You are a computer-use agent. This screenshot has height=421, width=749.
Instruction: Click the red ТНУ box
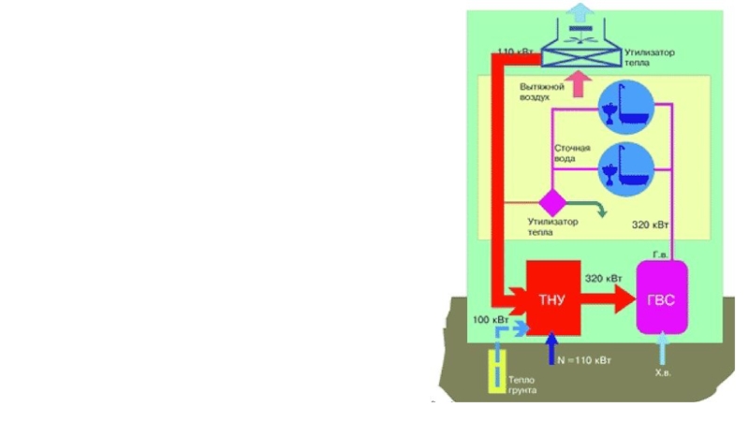[552, 298]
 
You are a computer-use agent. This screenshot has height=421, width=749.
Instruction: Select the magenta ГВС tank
[662, 297]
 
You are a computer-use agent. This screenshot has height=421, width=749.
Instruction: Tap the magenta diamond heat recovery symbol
[551, 202]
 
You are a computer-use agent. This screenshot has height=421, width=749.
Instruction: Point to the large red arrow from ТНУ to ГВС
[609, 299]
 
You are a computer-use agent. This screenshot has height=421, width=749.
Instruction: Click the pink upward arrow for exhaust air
[581, 84]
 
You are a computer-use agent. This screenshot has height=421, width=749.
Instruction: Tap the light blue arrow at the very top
[581, 11]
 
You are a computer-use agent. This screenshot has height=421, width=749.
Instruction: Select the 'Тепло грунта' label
[522, 384]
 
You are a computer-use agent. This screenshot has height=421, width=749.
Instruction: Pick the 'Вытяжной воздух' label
[542, 92]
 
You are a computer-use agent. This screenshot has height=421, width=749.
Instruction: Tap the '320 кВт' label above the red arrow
[604, 278]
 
